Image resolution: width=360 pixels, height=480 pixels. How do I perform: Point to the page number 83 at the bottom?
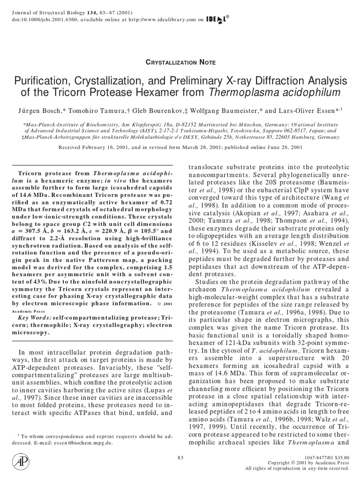click(x=181, y=457)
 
